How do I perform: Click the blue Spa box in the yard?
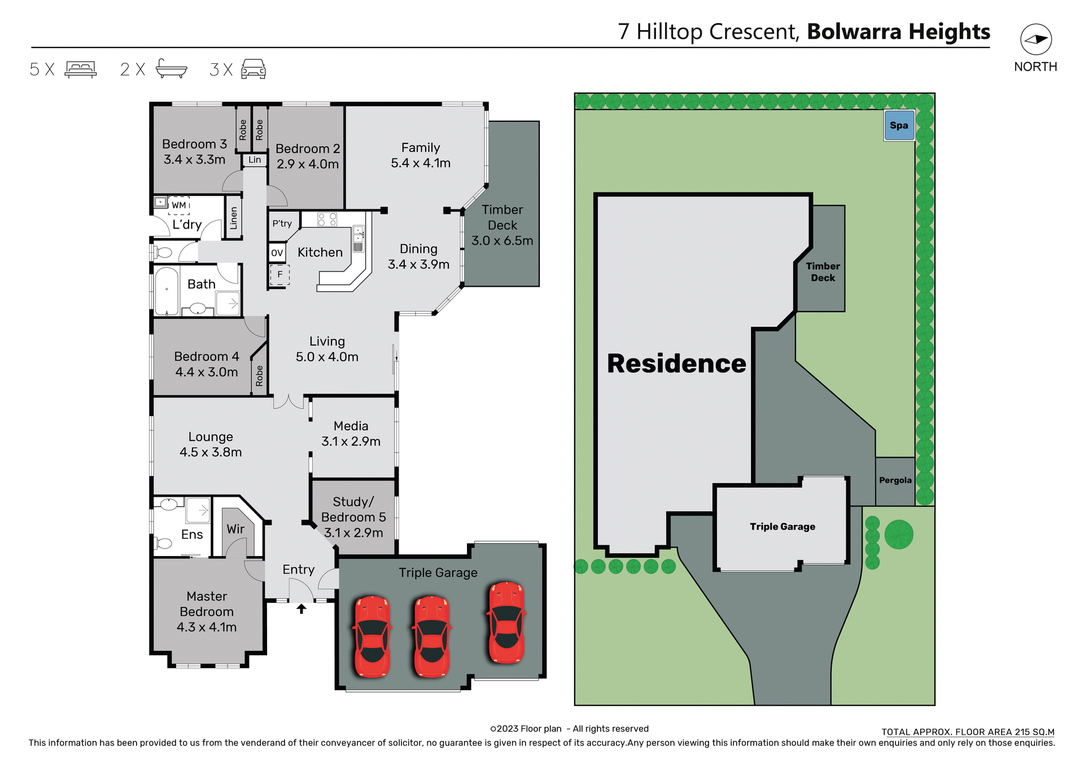pyautogui.click(x=899, y=125)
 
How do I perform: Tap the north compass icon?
pyautogui.click(x=1035, y=40)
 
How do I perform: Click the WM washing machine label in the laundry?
pyautogui.click(x=179, y=205)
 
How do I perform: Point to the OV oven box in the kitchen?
pyautogui.click(x=277, y=253)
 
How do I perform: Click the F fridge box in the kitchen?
pyautogui.click(x=279, y=275)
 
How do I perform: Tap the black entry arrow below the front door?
pyautogui.click(x=301, y=609)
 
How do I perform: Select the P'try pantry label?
pyautogui.click(x=282, y=224)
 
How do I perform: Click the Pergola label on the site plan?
pyautogui.click(x=895, y=480)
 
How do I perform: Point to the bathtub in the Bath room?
pyautogui.click(x=167, y=291)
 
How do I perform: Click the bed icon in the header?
pyautogui.click(x=81, y=69)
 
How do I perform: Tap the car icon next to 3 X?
pyautogui.click(x=253, y=69)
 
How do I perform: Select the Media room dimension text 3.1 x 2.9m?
pyautogui.click(x=351, y=441)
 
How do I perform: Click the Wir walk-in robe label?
pyautogui.click(x=235, y=529)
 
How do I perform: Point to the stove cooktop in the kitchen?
pyautogui.click(x=327, y=220)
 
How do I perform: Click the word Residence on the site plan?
pyautogui.click(x=676, y=364)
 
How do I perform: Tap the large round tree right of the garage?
pyautogui.click(x=898, y=534)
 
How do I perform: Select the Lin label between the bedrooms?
pyautogui.click(x=255, y=160)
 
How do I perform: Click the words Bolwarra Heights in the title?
pyautogui.click(x=898, y=32)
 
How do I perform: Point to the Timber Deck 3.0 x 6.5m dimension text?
pyautogui.click(x=502, y=241)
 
